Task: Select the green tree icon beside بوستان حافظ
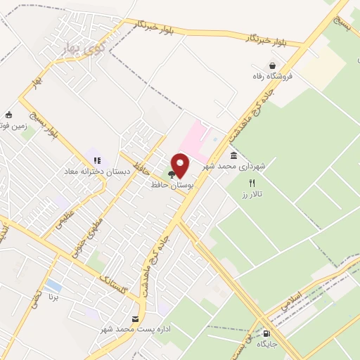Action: click(172, 174)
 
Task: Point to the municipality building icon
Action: click(233, 155)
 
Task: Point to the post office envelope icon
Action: click(135, 319)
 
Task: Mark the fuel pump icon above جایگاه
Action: click(266, 333)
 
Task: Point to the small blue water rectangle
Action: click(53, 285)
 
